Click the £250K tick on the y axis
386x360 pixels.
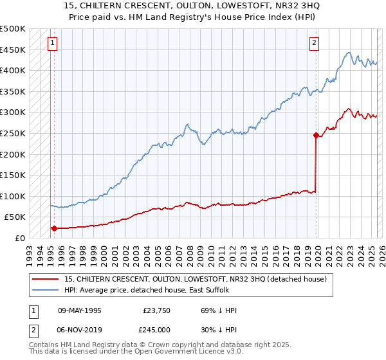(13, 133)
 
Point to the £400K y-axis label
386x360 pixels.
(13, 71)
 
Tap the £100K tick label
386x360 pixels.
(13, 196)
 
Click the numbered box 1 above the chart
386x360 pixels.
(51, 44)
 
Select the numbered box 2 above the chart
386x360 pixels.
(314, 44)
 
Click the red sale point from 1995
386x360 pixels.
(54, 228)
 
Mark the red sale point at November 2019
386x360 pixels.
(315, 135)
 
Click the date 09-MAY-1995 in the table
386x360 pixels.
(80, 310)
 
